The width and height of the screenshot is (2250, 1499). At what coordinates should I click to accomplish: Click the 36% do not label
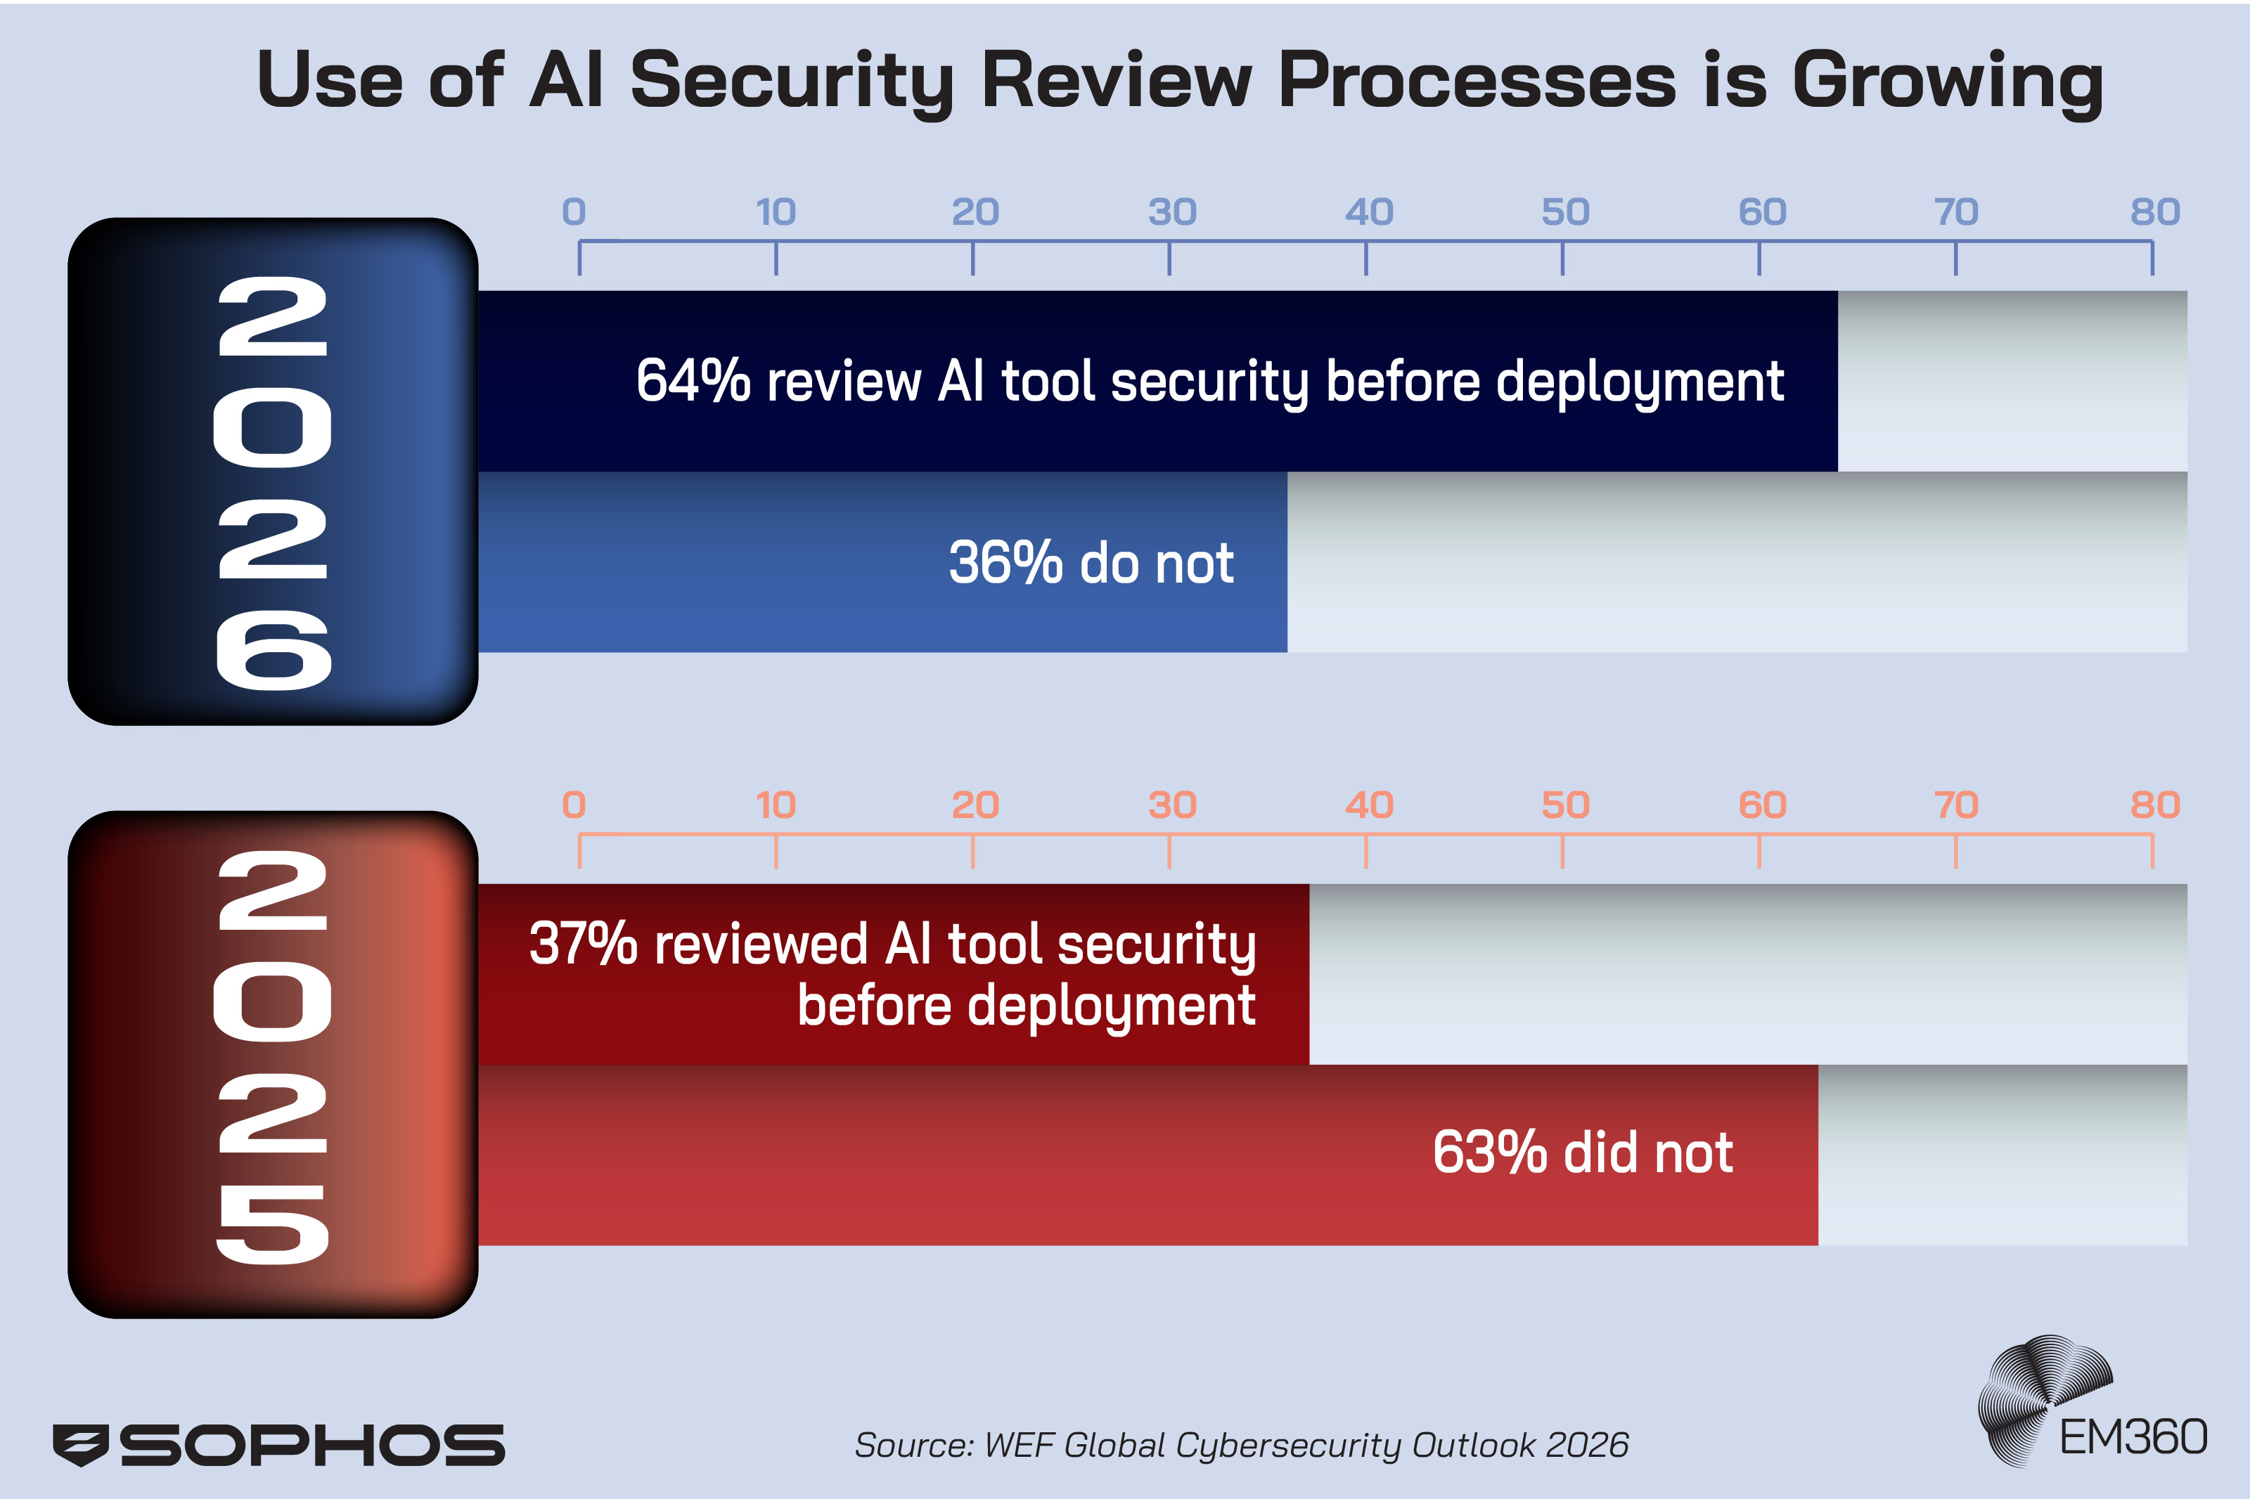pyautogui.click(x=1090, y=562)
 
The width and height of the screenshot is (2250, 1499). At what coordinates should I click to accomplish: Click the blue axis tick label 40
pyautogui.click(x=1368, y=212)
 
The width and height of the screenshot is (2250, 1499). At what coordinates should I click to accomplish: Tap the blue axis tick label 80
pyautogui.click(x=2154, y=212)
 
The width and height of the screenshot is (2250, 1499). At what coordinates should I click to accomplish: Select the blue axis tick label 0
pyautogui.click(x=574, y=212)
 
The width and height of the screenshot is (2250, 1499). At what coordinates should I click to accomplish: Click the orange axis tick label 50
pyautogui.click(x=1564, y=805)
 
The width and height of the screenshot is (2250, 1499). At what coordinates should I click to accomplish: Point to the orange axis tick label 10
pyautogui.click(x=776, y=805)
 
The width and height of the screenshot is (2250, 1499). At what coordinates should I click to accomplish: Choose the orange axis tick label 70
pyautogui.click(x=1955, y=805)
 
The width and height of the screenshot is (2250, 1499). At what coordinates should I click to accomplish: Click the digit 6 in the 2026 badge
pyautogui.click(x=274, y=650)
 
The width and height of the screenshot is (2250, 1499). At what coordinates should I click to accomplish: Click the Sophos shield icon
pyautogui.click(x=82, y=1443)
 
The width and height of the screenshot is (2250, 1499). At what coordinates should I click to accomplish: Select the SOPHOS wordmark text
pyautogui.click(x=311, y=1444)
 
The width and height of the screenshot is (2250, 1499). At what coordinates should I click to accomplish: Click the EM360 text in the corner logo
pyautogui.click(x=2133, y=1437)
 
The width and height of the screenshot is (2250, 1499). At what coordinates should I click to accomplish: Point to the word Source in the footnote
pyautogui.click(x=911, y=1444)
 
